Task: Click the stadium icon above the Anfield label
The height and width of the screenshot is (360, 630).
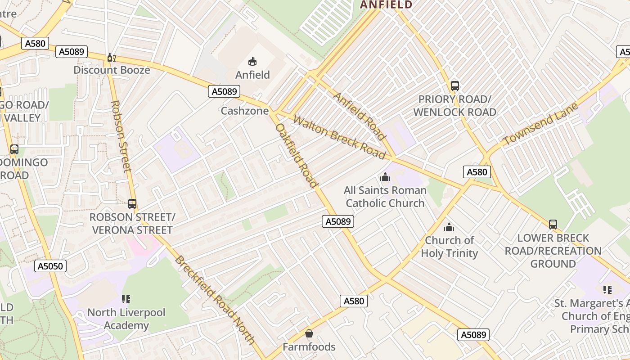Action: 252,62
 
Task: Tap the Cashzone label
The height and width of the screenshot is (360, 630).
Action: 245,111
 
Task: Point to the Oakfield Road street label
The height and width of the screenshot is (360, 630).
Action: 297,155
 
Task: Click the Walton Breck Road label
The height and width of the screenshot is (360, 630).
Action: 339,138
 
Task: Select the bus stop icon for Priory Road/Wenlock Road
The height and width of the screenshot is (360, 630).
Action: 454,85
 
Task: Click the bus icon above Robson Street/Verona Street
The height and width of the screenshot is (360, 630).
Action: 132,203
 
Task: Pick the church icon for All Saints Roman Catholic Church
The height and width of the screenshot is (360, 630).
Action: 385,177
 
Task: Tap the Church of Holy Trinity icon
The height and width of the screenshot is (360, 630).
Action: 449,227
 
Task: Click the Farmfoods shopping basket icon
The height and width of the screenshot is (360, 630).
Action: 309,333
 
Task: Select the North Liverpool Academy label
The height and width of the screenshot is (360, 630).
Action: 126,319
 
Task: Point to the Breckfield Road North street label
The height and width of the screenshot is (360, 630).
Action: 215,300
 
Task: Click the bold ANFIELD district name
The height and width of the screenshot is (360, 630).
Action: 386,5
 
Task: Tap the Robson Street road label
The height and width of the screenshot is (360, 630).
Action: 121,136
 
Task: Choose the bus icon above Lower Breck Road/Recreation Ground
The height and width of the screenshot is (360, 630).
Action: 553,224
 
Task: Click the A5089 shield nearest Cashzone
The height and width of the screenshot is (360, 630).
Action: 224,92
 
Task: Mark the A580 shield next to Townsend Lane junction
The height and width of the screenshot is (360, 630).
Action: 477,172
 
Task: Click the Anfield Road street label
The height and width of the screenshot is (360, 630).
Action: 360,116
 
